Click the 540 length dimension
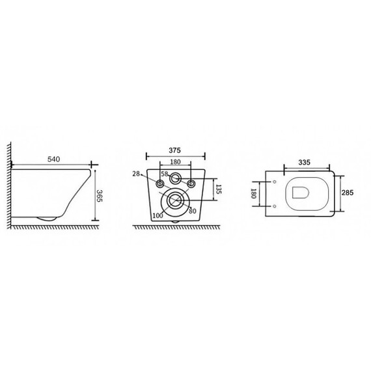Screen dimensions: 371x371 pyautogui.click(x=54, y=159)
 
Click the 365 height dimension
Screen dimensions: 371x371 pyautogui.click(x=100, y=196)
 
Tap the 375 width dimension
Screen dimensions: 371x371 pyautogui.click(x=174, y=150)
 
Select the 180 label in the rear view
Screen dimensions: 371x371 pyautogui.click(x=175, y=162)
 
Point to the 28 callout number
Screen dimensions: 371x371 pyautogui.click(x=136, y=174)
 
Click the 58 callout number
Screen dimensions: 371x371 pyautogui.click(x=165, y=174)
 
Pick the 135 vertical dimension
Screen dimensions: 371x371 pyautogui.click(x=219, y=189)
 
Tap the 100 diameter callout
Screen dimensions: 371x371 pyautogui.click(x=158, y=215)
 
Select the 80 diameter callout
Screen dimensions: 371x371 pyautogui.click(x=193, y=211)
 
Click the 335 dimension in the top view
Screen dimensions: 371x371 pyautogui.click(x=304, y=162)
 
